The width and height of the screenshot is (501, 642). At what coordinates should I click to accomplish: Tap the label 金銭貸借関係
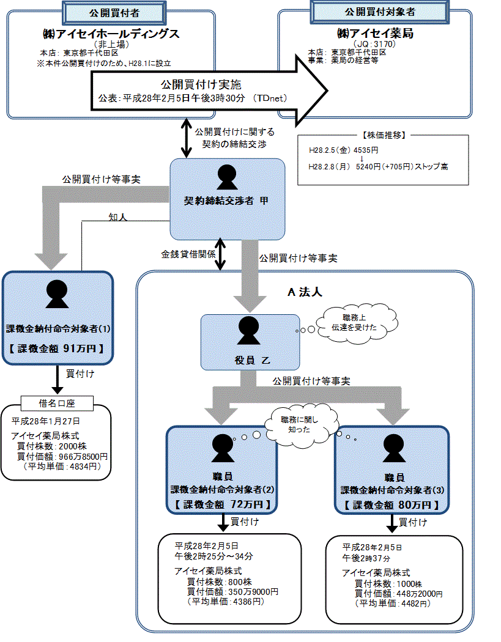(188, 254)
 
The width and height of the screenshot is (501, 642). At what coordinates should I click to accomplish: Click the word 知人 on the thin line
(118, 217)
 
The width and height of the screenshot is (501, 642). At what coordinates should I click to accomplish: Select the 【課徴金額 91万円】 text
(58, 349)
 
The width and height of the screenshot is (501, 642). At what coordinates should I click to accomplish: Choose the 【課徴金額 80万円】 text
(391, 505)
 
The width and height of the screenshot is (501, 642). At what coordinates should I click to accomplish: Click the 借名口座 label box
(57, 403)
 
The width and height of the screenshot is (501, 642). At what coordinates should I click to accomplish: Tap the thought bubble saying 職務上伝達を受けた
(353, 322)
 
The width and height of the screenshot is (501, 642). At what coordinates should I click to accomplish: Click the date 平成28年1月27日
(45, 421)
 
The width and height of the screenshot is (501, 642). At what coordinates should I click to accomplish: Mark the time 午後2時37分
(366, 558)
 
